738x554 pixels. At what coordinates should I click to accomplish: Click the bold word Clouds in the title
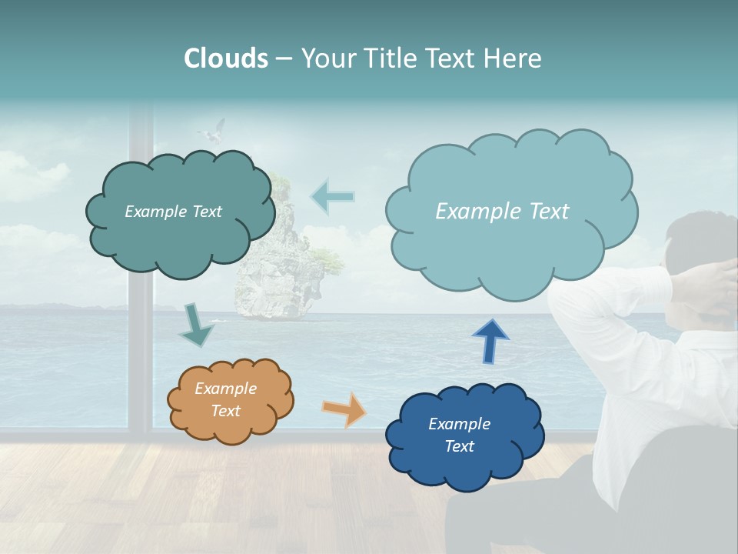click(226, 58)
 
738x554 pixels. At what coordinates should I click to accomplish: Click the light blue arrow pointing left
click(332, 196)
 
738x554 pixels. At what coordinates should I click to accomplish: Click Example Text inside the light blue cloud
click(502, 212)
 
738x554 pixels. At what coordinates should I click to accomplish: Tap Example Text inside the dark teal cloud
click(173, 212)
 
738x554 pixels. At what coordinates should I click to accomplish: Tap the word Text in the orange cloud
click(225, 411)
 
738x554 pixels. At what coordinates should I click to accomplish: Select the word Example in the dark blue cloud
click(459, 424)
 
